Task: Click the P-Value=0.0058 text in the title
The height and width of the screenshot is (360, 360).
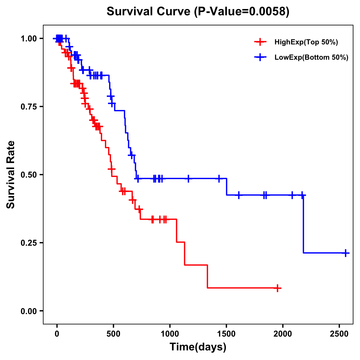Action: pos(241,12)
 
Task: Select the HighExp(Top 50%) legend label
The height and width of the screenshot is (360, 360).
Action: pos(306,42)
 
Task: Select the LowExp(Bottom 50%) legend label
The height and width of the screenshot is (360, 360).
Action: pos(311,58)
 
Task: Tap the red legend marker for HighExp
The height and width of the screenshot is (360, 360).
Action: pos(260,42)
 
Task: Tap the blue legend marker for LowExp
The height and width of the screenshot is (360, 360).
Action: pos(260,57)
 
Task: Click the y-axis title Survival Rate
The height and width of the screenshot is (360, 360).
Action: pos(11,175)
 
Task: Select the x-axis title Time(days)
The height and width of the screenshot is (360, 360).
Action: pos(198,347)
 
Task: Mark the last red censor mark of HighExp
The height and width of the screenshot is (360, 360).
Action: pos(278,288)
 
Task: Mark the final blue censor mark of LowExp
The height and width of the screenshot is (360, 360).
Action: pos(346,253)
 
